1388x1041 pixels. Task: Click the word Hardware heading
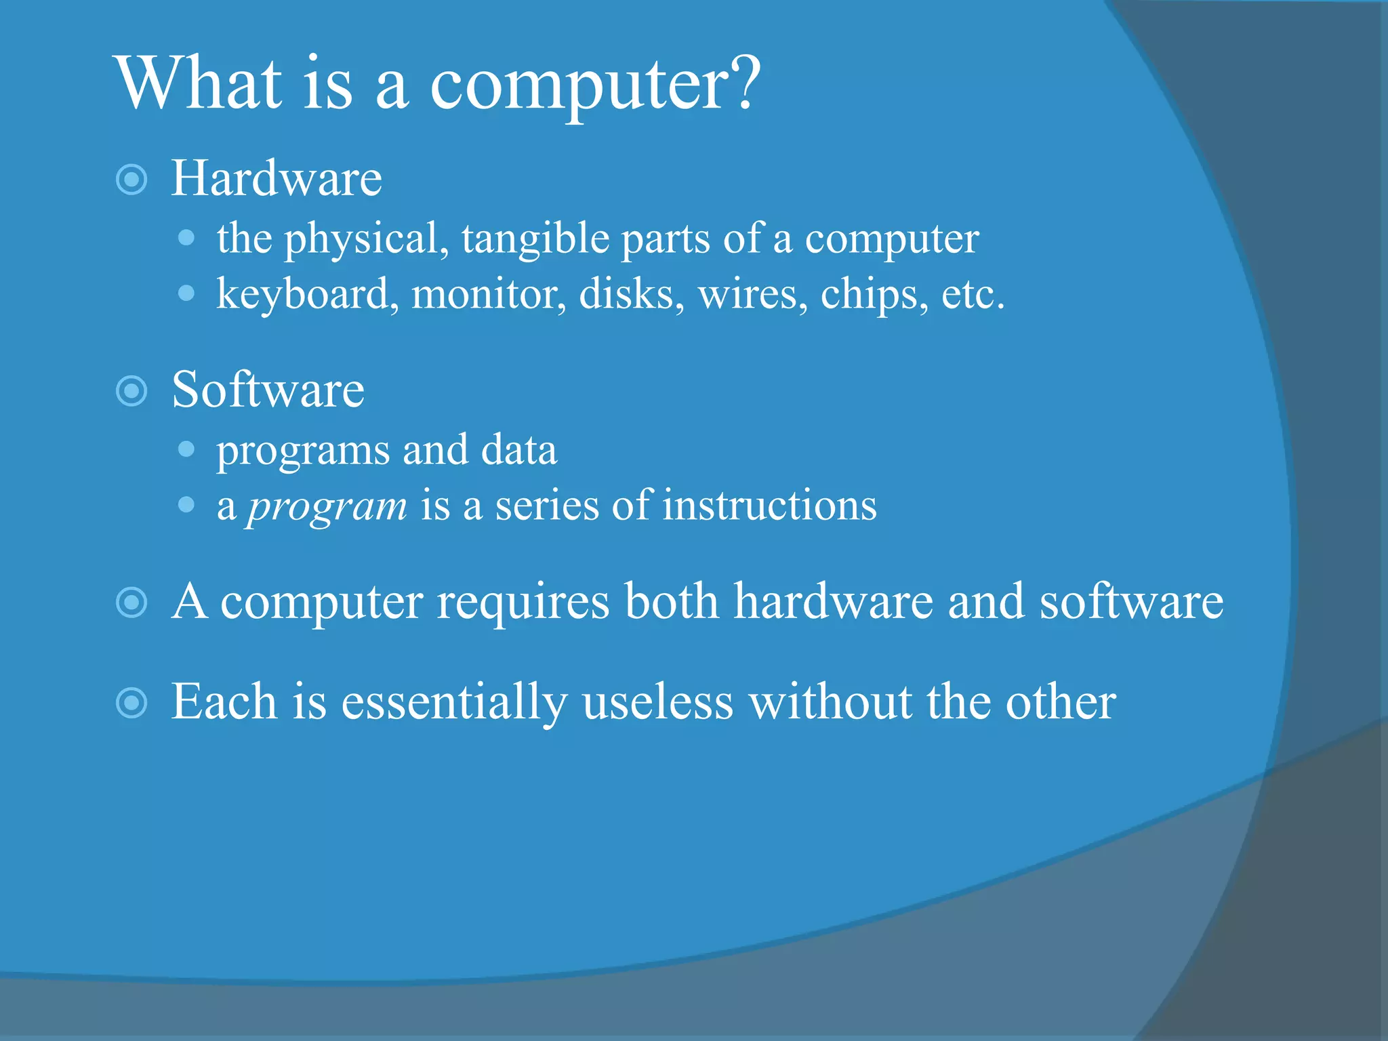tap(277, 178)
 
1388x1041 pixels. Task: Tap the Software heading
tap(268, 390)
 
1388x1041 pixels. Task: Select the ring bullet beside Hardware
tap(131, 180)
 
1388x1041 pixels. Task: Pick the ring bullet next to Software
tap(131, 391)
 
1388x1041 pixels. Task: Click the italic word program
tap(327, 506)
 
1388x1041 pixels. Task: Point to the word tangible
tap(535, 239)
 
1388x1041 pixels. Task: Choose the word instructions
tap(769, 506)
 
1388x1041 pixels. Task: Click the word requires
tap(523, 601)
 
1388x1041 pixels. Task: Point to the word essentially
tap(454, 702)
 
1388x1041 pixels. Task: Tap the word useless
tap(657, 702)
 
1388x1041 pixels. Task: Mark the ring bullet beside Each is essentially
tap(131, 703)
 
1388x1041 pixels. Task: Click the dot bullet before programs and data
tap(186, 449)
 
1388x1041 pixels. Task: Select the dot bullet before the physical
tap(186, 238)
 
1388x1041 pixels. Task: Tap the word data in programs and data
tap(518, 450)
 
